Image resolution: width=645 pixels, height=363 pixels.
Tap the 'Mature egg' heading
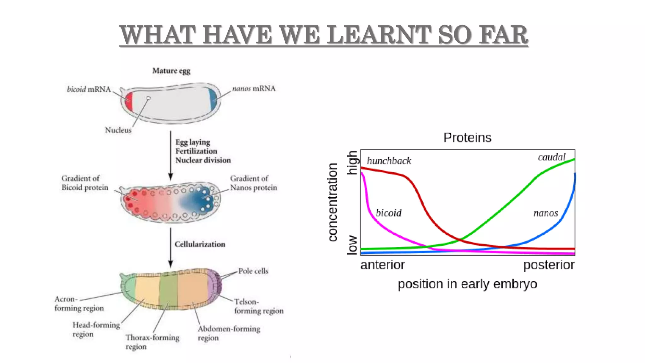pyautogui.click(x=171, y=71)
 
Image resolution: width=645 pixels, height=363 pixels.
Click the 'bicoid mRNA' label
pyautogui.click(x=89, y=89)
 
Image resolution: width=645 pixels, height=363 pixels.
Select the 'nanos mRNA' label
pyautogui.click(x=254, y=89)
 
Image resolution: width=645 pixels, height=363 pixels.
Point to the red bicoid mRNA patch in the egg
pyautogui.click(x=128, y=101)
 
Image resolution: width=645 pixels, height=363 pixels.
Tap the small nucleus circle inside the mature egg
pyautogui.click(x=148, y=98)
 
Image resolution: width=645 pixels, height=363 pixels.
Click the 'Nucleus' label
pyautogui.click(x=118, y=130)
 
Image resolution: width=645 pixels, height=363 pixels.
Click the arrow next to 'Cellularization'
pyautogui.click(x=170, y=248)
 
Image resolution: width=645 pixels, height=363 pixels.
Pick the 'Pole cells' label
pyautogui.click(x=253, y=271)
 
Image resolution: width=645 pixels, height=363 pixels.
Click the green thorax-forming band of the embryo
pyautogui.click(x=168, y=290)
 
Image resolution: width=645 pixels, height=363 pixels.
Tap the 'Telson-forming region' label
pyautogui.click(x=259, y=306)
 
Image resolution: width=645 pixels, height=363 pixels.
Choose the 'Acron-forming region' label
pyautogui.click(x=79, y=303)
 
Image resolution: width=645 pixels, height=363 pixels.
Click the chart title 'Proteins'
pyautogui.click(x=467, y=138)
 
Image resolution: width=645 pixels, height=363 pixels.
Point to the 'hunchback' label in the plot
pyautogui.click(x=389, y=161)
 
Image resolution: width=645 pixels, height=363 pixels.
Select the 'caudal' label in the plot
pyautogui.click(x=551, y=157)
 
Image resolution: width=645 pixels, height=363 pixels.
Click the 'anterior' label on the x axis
pyautogui.click(x=383, y=265)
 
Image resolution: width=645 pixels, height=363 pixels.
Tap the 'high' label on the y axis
pyautogui.click(x=352, y=163)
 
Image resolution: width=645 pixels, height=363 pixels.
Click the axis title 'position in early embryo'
pyautogui.click(x=467, y=284)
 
